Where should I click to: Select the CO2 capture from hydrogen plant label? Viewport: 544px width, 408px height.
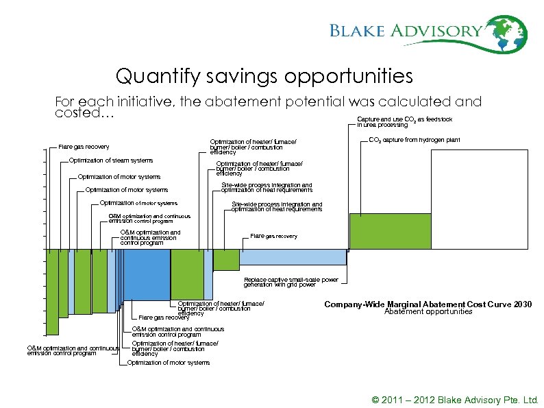click(x=415, y=140)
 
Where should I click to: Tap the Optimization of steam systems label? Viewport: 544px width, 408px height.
click(x=111, y=160)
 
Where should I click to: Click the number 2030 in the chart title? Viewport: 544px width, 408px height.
click(x=522, y=304)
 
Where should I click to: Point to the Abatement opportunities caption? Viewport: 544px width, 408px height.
click(x=428, y=312)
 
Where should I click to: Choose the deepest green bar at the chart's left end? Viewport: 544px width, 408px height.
click(x=52, y=291)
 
